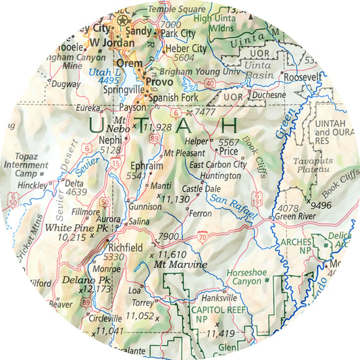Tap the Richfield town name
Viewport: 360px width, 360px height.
(125, 248)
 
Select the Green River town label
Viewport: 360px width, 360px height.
(294, 217)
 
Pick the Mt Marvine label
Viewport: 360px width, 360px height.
(180, 265)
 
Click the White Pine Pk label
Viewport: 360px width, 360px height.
(76, 228)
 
